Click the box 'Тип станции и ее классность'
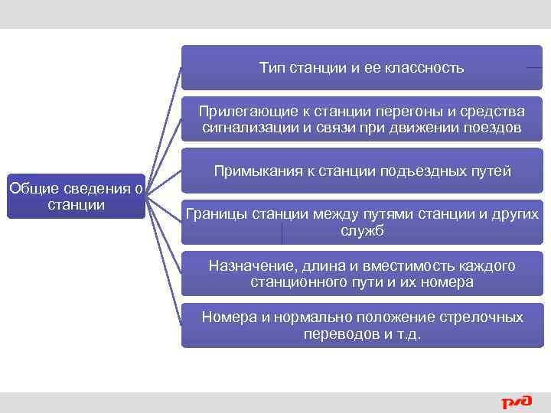(x=361, y=68)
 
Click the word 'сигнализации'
(x=246, y=127)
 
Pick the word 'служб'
(x=362, y=230)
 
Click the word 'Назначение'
(x=246, y=266)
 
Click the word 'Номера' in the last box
(x=227, y=317)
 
